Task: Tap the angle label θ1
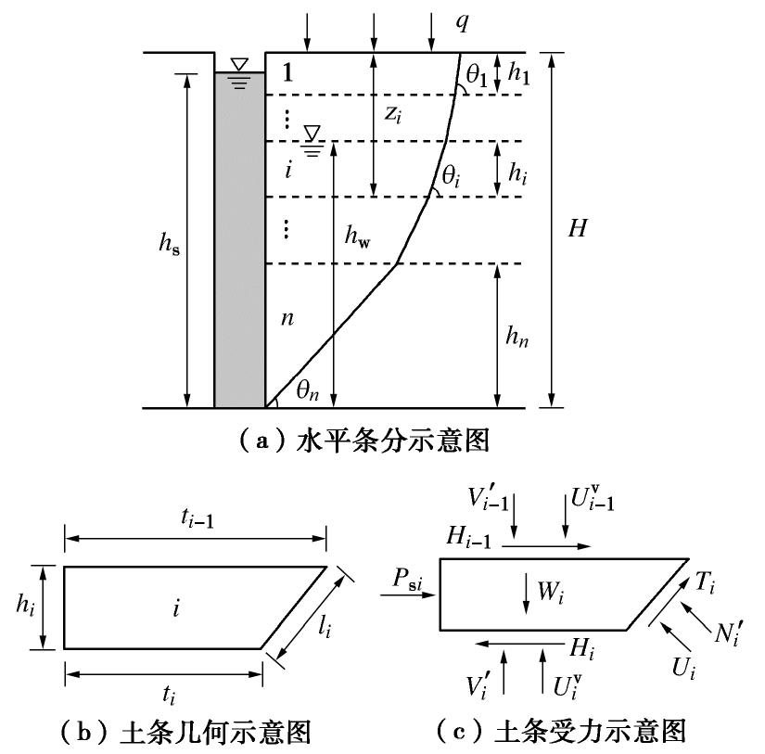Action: (478, 76)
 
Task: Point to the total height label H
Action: (578, 229)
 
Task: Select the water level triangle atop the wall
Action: (239, 65)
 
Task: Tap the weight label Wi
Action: (551, 590)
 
